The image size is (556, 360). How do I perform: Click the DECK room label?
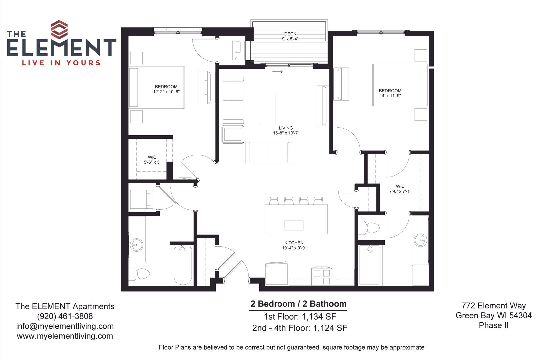point(290,34)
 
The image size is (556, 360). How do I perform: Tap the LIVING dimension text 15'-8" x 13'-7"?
point(286,133)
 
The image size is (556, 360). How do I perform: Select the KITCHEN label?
point(294,243)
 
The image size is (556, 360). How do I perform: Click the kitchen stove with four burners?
point(322,276)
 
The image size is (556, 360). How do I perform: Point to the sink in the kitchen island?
point(294,226)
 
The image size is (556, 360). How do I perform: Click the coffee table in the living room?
point(267,108)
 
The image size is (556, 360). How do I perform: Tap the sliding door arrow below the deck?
point(278,72)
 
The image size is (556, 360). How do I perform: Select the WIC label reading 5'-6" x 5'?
point(152,160)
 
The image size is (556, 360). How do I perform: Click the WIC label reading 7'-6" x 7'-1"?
point(400,189)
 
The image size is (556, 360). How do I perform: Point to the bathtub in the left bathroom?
point(183,265)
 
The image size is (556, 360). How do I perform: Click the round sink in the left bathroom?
point(136,245)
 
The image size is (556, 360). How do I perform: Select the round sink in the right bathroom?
point(421,240)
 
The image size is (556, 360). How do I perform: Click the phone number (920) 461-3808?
point(65,316)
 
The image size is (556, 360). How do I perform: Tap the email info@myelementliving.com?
point(65,326)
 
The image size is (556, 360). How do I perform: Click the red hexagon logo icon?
point(59,30)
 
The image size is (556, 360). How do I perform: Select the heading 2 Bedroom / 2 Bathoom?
point(298,304)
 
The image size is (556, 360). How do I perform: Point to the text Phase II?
point(494,325)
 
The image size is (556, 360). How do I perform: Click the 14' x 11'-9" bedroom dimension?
point(390,96)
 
